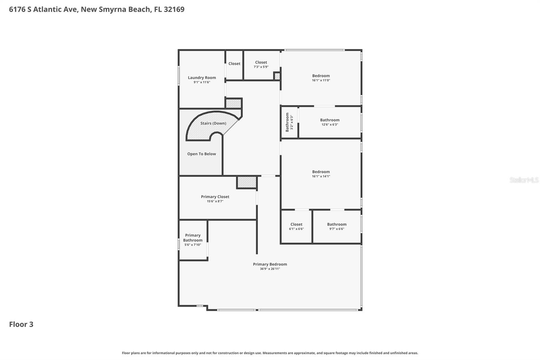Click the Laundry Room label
[202, 78]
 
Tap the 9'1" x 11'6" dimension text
[202, 82]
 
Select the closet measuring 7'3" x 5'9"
[261, 65]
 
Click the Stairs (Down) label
[213, 123]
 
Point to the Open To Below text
[201, 154]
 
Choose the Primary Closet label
[215, 197]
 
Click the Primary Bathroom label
[193, 238]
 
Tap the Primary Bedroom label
[270, 264]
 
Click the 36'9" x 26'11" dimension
[270, 269]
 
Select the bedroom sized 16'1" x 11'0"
[321, 78]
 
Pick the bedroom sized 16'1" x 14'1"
[321, 174]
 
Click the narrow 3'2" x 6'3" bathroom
[289, 122]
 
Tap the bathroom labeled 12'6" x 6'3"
[330, 122]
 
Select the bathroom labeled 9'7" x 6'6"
[337, 226]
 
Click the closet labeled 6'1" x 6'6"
[296, 226]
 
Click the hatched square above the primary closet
[247, 182]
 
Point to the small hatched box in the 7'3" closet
[277, 76]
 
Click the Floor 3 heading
[21, 324]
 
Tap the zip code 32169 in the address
[174, 9]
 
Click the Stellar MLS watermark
[524, 180]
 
